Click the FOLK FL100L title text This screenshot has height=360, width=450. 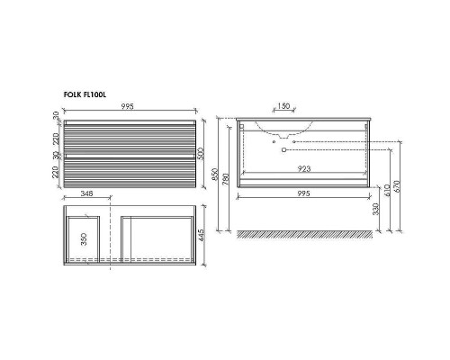coord(85,94)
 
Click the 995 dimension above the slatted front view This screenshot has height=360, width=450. coord(127,106)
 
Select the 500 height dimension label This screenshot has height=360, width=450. coord(201,154)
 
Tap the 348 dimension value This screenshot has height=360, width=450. coord(86,193)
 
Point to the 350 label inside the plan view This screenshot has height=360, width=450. coord(84,239)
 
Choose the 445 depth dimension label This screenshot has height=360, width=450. coord(201,236)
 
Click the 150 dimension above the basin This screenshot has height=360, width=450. coord(283,106)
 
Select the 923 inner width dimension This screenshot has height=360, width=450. coord(304,169)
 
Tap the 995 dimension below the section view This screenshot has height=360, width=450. coord(303,193)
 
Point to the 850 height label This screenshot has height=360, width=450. coord(215,175)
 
